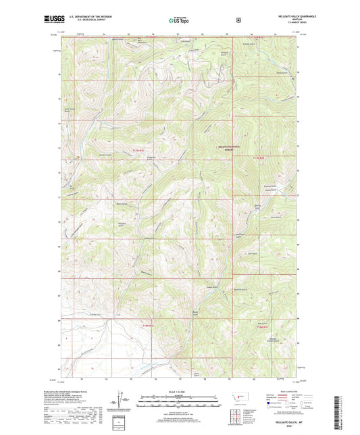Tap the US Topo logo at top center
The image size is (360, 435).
(x=178, y=21)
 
